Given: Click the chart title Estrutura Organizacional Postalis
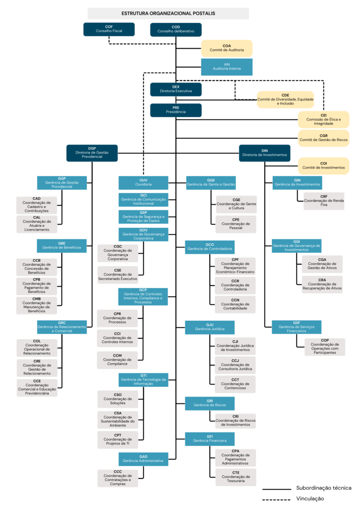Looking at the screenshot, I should click(168, 14).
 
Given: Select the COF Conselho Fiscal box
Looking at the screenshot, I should click(109, 29).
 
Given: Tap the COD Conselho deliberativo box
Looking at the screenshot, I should click(176, 29).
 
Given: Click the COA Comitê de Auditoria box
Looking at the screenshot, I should click(226, 48).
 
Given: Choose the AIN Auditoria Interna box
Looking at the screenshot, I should click(226, 67).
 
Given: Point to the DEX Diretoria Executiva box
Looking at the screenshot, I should click(176, 89).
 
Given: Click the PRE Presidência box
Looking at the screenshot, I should click(176, 110).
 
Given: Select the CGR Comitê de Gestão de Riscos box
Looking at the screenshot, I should click(323, 138).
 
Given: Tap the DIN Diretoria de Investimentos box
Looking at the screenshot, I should click(264, 153).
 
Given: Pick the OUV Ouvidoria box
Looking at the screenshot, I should click(143, 183).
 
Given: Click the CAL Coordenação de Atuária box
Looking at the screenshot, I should click(37, 224).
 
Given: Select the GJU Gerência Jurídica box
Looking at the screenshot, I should click(210, 327).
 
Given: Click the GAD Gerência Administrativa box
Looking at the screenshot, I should click(143, 459).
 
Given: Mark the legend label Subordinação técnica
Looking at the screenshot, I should click(323, 488).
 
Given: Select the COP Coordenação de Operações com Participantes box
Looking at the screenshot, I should click(322, 347).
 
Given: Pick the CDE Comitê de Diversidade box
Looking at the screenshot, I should click(285, 99).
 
